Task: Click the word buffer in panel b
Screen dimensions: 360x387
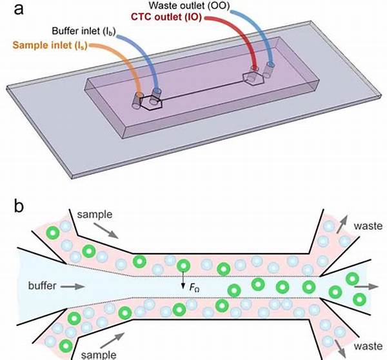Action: [41, 285]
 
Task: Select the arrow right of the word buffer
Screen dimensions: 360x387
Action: [75, 285]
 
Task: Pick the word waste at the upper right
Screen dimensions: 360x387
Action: [368, 226]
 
